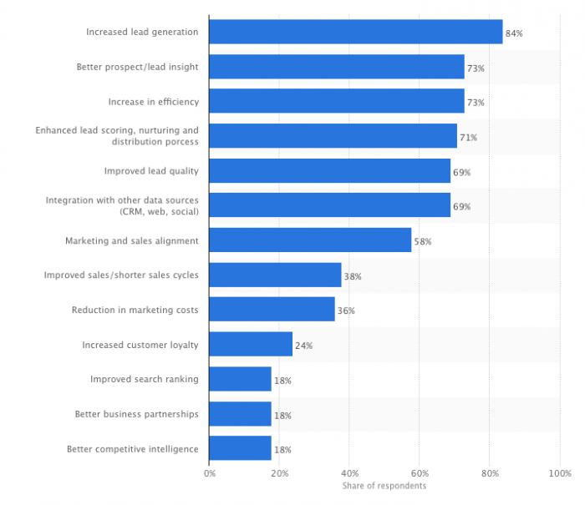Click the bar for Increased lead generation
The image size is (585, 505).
click(x=355, y=32)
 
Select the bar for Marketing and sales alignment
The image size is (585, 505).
click(x=310, y=240)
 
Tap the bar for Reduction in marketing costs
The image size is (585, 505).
click(x=272, y=310)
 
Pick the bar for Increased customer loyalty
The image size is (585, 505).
click(x=251, y=345)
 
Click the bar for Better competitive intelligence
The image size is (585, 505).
click(x=240, y=449)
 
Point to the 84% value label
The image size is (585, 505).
click(x=514, y=33)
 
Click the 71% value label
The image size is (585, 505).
click(x=468, y=137)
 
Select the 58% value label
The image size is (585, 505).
click(x=423, y=241)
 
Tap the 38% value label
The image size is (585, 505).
click(x=353, y=276)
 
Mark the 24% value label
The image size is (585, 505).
click(x=303, y=346)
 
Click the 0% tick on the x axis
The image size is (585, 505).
click(x=210, y=473)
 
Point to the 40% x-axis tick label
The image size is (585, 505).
click(x=350, y=473)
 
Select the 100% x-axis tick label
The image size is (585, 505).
click(x=559, y=473)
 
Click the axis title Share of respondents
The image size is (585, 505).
click(x=384, y=486)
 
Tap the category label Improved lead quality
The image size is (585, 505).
click(x=151, y=171)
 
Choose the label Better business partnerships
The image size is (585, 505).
click(x=137, y=414)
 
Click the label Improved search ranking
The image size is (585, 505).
click(x=145, y=379)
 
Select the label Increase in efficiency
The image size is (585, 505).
click(x=153, y=102)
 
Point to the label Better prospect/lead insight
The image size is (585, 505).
click(x=137, y=67)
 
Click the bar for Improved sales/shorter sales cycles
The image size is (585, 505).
click(x=275, y=275)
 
